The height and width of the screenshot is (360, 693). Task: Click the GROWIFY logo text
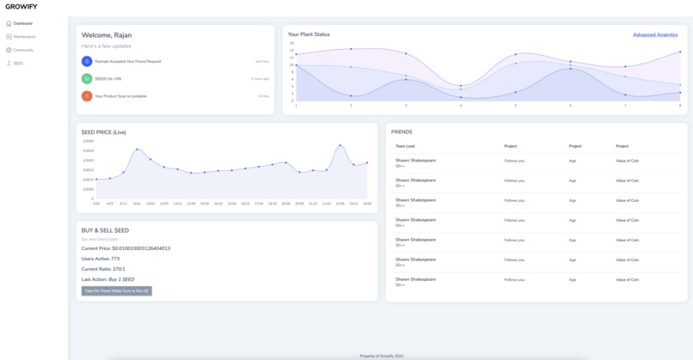[21, 7]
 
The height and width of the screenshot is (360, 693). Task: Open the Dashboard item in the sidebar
[22, 23]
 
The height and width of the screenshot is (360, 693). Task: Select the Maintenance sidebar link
[24, 37]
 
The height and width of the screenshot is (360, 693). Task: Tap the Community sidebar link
[23, 50]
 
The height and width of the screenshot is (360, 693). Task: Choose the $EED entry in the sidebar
[18, 64]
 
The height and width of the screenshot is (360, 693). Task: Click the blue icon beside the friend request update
[87, 62]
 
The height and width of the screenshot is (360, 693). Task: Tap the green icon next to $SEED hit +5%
[87, 79]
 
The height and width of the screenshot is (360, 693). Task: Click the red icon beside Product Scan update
[87, 96]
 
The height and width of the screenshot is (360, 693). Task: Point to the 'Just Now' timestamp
[262, 62]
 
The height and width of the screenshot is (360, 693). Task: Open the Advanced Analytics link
[655, 35]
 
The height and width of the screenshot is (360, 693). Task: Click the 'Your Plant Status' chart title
[309, 34]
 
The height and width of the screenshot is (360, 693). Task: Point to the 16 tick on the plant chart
[291, 43]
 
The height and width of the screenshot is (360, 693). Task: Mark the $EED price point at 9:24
[137, 149]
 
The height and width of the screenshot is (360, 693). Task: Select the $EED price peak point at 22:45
[340, 146]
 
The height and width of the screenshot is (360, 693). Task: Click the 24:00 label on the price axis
[367, 204]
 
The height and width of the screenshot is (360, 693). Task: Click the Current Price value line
[126, 248]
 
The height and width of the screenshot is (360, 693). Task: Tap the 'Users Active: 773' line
[101, 259]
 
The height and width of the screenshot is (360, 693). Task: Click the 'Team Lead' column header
[405, 146]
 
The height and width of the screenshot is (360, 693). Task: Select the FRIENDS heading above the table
[402, 132]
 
